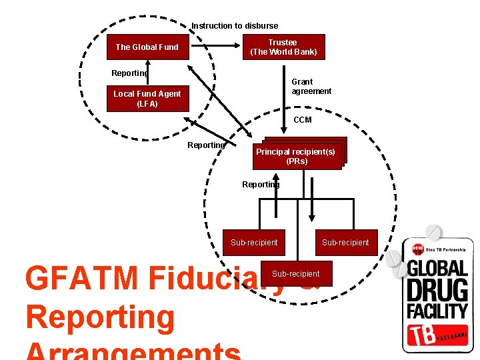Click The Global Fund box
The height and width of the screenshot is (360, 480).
tap(147, 47)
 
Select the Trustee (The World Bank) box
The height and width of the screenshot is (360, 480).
tap(283, 47)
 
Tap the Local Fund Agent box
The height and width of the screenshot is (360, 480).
tap(147, 98)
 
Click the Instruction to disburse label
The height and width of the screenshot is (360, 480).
tap(235, 26)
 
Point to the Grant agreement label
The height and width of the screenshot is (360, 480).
tap(311, 87)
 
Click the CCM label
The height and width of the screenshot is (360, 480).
tap(302, 120)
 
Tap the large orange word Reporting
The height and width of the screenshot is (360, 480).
tap(100, 318)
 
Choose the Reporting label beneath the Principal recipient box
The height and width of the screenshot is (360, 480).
tap(261, 185)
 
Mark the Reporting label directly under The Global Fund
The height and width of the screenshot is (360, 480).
tap(129, 73)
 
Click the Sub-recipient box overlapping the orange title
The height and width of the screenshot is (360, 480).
tap(295, 274)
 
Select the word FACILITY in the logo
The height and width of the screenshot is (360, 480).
tap(437, 311)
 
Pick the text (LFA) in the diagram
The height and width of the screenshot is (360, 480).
tap(147, 104)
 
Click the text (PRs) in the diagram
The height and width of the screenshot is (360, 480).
tap(297, 161)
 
